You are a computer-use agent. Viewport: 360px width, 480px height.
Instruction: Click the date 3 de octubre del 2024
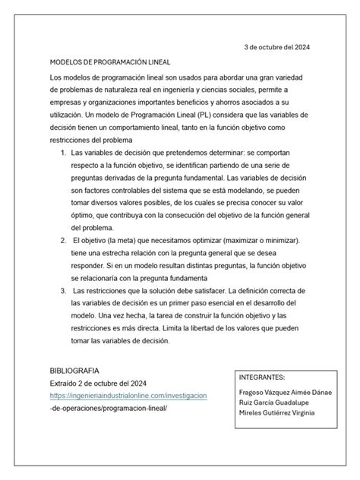(276, 46)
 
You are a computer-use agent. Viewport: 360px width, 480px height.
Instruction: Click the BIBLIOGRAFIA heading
(74, 370)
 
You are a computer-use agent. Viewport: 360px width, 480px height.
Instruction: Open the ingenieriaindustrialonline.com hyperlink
(128, 396)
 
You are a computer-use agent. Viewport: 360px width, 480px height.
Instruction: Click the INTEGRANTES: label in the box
(261, 376)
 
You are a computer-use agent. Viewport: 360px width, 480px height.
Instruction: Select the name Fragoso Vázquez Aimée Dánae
(279, 393)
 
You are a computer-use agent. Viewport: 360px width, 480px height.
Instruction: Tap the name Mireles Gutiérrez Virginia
(276, 412)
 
